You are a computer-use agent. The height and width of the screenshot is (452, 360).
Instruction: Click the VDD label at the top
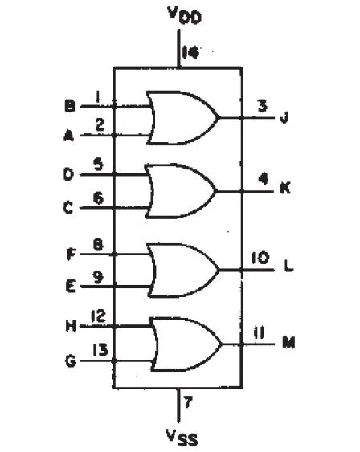[184, 15]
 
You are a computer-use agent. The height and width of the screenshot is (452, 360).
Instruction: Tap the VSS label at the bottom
[182, 438]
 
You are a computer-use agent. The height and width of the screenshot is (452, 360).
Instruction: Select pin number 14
[190, 52]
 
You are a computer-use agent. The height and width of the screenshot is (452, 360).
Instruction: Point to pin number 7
[188, 402]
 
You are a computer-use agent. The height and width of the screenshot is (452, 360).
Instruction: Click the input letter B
[70, 106]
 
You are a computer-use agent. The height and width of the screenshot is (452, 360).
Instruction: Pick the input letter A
[68, 136]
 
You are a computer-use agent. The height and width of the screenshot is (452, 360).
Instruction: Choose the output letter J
[284, 117]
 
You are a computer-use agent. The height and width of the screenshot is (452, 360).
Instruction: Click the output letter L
[288, 266]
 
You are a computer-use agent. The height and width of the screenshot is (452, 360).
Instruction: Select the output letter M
[288, 343]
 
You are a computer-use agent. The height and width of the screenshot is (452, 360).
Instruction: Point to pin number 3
[262, 105]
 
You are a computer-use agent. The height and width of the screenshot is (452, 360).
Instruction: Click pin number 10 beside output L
[260, 258]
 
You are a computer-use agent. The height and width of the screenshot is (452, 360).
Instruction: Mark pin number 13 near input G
[100, 350]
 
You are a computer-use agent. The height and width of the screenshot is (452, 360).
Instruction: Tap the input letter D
[68, 174]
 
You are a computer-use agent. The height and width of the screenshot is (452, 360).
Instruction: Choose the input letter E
[71, 287]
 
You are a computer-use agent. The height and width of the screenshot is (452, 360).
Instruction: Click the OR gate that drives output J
[183, 117]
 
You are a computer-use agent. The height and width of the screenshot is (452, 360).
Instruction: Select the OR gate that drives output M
[186, 344]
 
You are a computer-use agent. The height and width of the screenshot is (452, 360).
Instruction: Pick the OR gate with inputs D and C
[181, 191]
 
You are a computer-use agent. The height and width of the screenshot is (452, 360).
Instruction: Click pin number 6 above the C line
[98, 198]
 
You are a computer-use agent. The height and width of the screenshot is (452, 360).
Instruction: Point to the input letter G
[71, 361]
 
